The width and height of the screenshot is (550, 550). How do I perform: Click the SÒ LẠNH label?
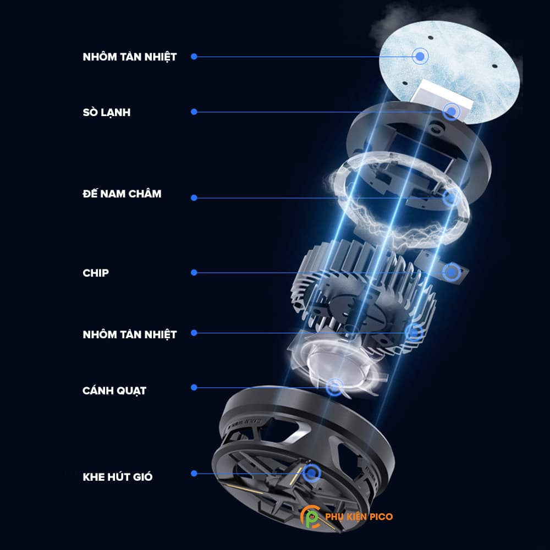click(x=107, y=112)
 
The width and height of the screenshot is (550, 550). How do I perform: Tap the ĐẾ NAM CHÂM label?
click(x=122, y=194)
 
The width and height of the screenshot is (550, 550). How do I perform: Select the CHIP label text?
click(x=96, y=273)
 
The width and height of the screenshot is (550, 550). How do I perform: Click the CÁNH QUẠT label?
click(x=114, y=391)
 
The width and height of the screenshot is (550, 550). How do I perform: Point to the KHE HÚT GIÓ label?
click(x=118, y=476)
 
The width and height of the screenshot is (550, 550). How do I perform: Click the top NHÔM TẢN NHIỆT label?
click(x=130, y=57)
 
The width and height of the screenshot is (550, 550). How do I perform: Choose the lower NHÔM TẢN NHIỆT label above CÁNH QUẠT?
click(x=130, y=334)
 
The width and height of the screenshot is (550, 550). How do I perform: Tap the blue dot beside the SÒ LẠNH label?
click(x=194, y=112)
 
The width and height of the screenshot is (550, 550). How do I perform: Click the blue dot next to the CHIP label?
click(x=194, y=272)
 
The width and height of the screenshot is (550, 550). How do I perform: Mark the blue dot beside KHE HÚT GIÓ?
click(x=194, y=473)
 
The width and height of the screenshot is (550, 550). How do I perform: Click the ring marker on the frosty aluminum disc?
click(x=421, y=55)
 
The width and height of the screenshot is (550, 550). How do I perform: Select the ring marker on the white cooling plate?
click(x=452, y=112)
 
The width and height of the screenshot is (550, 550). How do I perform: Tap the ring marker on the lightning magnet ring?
click(x=450, y=197)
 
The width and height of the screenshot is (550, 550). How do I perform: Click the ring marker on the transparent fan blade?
click(x=333, y=387)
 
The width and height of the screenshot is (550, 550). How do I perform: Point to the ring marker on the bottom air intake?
click(x=312, y=472)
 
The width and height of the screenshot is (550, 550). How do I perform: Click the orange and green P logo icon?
click(x=311, y=518)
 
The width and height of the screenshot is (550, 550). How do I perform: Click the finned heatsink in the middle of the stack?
click(x=363, y=286)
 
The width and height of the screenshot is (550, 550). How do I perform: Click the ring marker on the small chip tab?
click(x=452, y=271)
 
